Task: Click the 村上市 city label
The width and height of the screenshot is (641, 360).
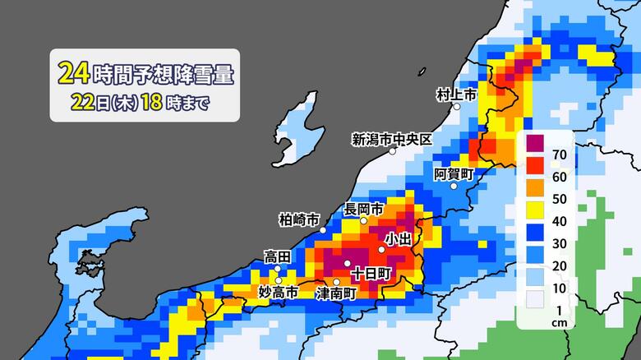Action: (x=456, y=95)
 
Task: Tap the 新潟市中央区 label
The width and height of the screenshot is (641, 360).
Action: (x=391, y=138)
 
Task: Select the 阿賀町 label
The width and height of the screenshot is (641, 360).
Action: (x=454, y=173)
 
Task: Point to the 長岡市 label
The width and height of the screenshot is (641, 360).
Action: (x=363, y=209)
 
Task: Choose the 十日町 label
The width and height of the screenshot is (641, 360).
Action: (x=369, y=272)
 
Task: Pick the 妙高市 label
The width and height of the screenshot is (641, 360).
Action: (x=279, y=292)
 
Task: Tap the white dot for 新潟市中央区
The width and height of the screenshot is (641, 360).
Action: (x=393, y=150)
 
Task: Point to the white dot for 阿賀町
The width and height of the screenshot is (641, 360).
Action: (x=454, y=186)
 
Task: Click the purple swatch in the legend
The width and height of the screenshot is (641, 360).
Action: (x=535, y=143)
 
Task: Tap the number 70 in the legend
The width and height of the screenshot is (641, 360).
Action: (x=560, y=154)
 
